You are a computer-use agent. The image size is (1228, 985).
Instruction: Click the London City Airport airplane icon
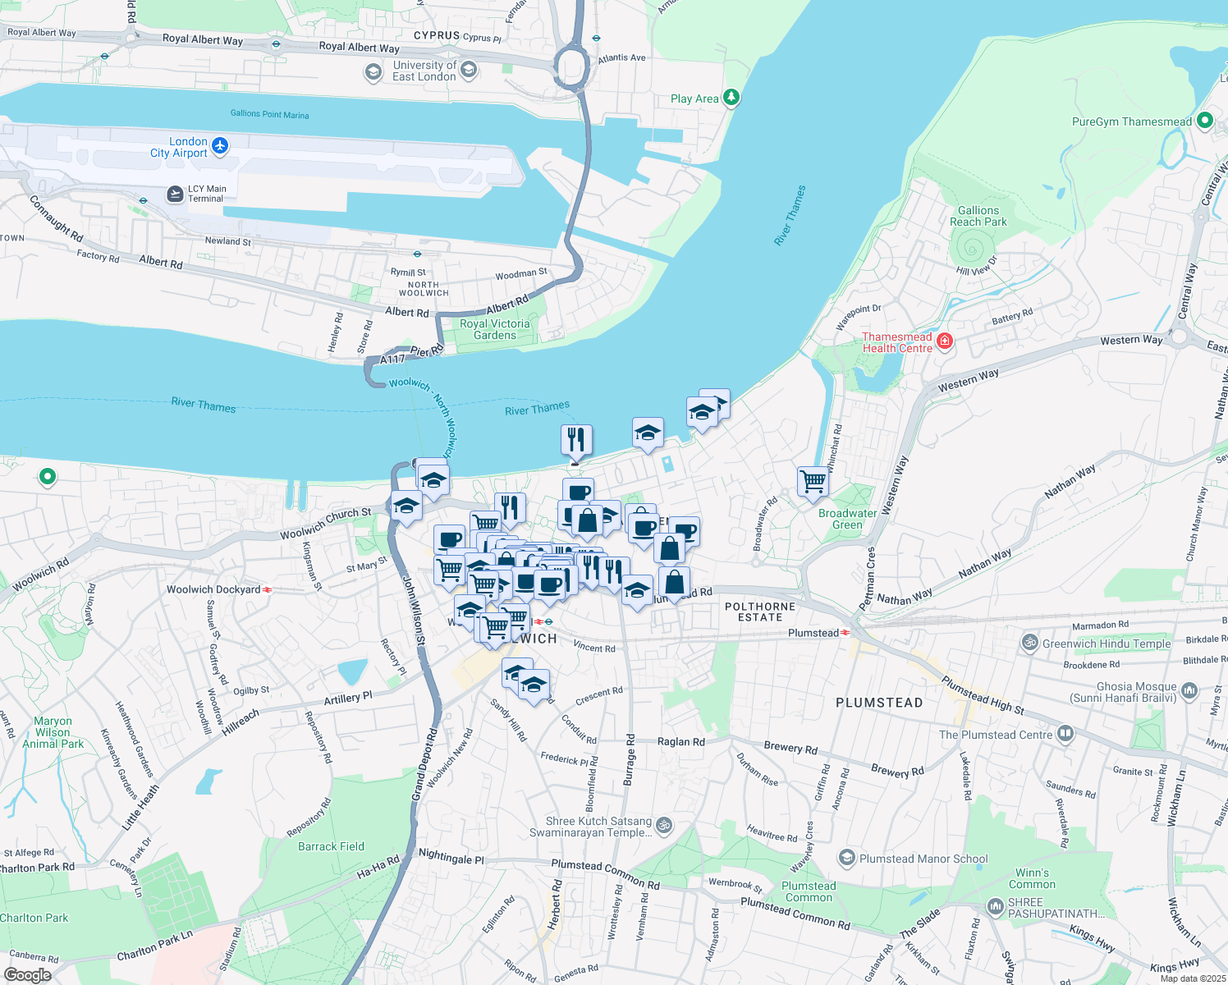(219, 146)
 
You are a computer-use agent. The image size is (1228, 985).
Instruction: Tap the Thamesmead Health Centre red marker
(944, 341)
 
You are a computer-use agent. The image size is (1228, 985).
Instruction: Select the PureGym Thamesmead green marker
(1204, 121)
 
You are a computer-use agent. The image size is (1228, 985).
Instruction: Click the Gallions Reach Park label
(978, 217)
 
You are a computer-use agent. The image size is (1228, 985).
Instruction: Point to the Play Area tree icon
(731, 98)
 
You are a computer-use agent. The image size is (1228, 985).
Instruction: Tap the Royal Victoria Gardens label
(494, 330)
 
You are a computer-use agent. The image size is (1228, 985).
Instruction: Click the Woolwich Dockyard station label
(213, 589)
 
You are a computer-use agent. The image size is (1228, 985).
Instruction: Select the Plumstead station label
(813, 633)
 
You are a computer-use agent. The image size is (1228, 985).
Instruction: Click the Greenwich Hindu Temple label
(1106, 644)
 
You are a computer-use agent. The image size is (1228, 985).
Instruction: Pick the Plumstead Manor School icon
(846, 858)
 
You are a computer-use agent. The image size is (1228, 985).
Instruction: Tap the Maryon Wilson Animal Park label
(53, 732)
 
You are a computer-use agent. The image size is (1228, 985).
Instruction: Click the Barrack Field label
(331, 846)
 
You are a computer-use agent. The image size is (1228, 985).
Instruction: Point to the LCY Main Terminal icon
(175, 194)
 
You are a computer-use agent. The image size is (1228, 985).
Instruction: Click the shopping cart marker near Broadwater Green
(813, 481)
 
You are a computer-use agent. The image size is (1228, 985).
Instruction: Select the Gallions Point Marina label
(269, 114)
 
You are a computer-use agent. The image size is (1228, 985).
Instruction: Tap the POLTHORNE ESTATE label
(759, 612)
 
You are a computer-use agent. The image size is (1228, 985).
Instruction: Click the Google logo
(27, 975)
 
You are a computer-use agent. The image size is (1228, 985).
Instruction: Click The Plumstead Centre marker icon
(1065, 733)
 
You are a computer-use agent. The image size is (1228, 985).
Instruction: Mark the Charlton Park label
(34, 918)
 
